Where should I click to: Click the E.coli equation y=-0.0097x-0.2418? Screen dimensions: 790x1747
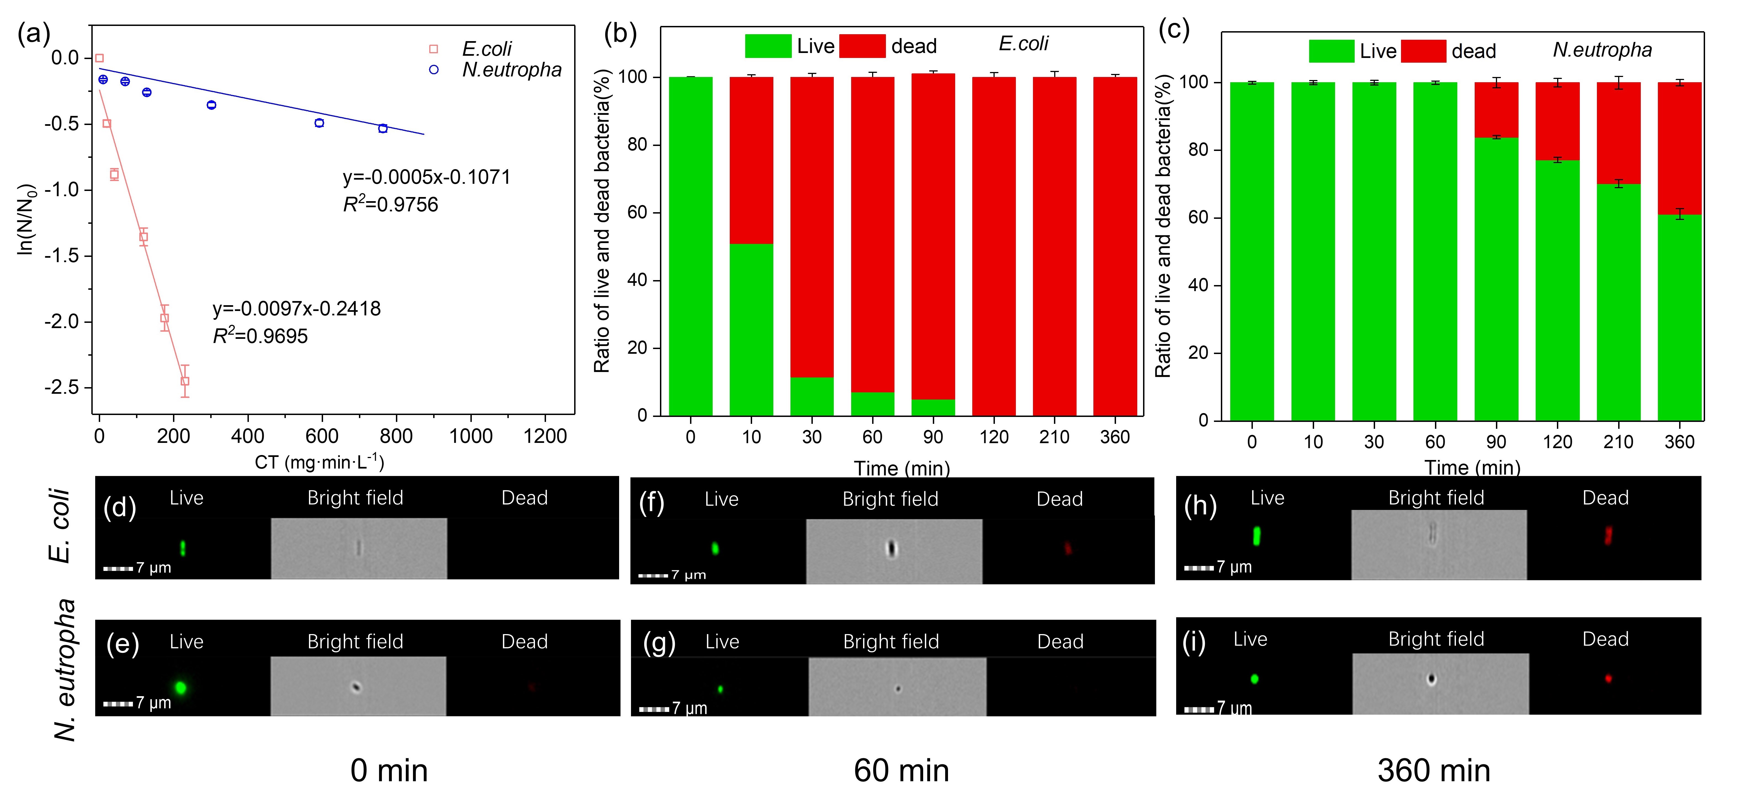[296, 309]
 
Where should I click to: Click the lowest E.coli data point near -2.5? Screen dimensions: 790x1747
[185, 381]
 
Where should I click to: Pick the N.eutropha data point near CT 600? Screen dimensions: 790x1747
[319, 123]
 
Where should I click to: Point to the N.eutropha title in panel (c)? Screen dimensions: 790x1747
[1602, 50]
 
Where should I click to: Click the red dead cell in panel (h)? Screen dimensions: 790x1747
[1607, 536]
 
